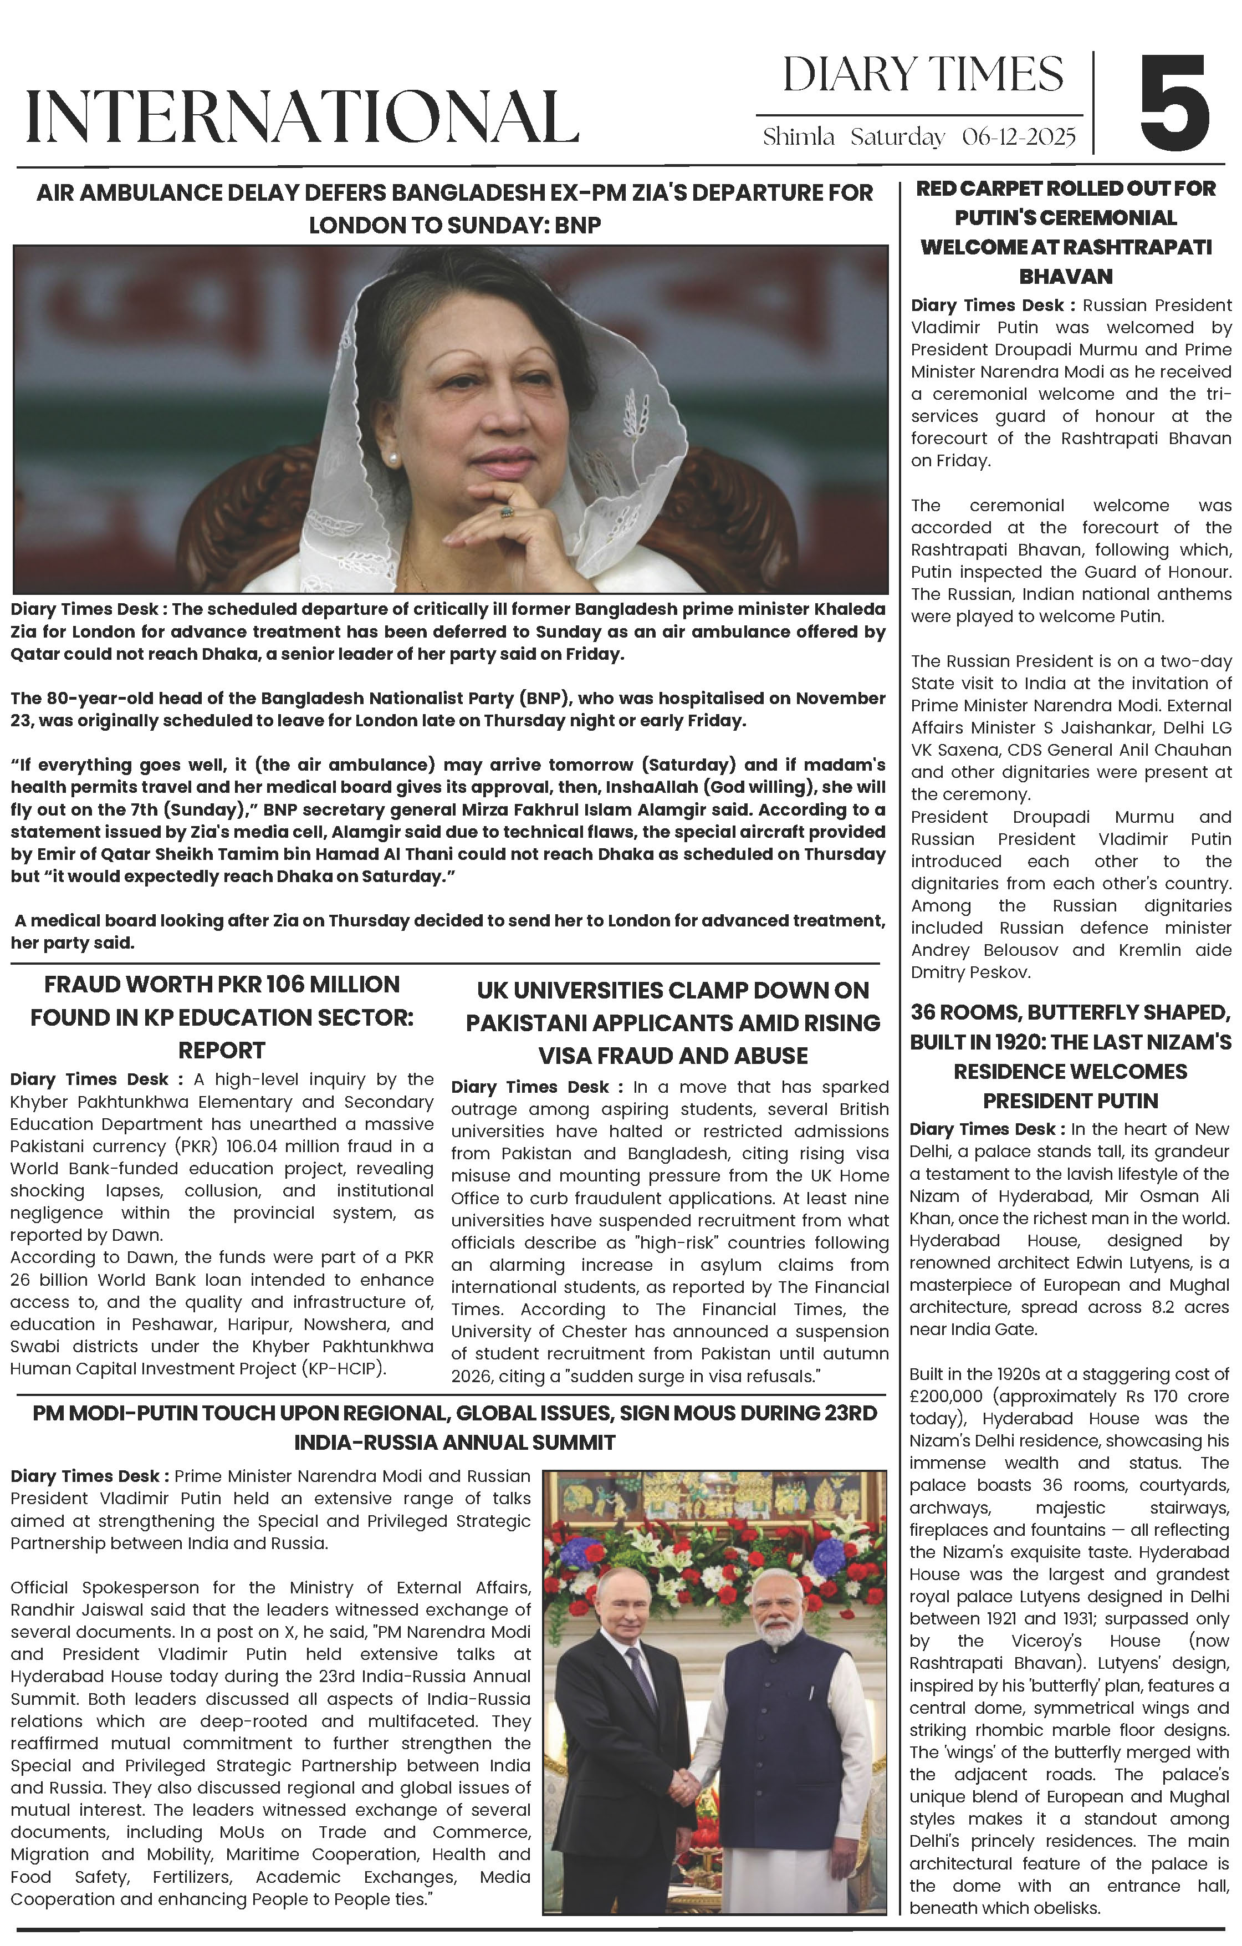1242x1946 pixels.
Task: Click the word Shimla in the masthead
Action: [x=799, y=137]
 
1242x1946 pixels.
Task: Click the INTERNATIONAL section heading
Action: [x=302, y=117]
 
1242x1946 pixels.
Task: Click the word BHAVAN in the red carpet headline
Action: [x=1066, y=277]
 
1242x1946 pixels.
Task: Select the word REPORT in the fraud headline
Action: [x=222, y=1051]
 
